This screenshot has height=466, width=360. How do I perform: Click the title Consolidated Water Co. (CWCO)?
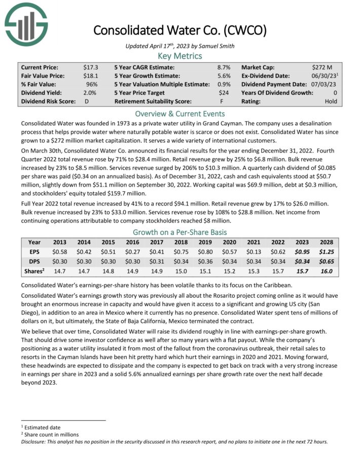[180, 30]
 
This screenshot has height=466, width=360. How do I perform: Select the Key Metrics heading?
[180, 56]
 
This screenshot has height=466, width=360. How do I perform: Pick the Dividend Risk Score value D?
[86, 101]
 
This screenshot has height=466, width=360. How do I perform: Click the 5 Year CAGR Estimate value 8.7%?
[224, 67]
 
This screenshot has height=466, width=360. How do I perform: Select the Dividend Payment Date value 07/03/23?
[325, 84]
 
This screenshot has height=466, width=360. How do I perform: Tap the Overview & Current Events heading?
[180, 114]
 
